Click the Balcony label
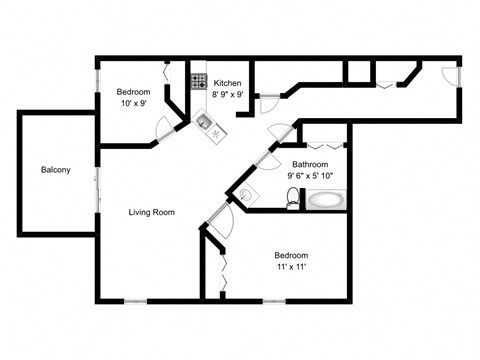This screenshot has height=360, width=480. coord(56,170)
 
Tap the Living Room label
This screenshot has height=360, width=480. coord(152,212)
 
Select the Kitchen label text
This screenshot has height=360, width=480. coord(227,83)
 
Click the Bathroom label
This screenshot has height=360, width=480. coord(310,164)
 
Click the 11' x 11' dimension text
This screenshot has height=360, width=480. coord(291,267)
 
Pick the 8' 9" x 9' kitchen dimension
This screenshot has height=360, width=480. coord(227,95)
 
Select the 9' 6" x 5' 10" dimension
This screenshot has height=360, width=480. coord(310,176)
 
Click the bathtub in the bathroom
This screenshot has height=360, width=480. coord(325,200)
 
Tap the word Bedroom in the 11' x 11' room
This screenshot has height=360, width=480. coord(291,255)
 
